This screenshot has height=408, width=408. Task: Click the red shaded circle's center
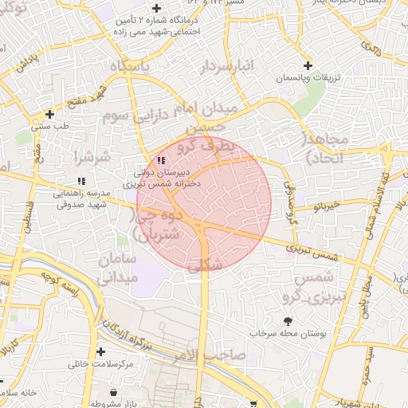(x=205, y=204)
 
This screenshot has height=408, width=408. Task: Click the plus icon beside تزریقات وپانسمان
(x=308, y=65)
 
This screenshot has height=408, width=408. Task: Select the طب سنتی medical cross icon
(x=49, y=114)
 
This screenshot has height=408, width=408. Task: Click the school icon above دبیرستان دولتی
(x=163, y=159)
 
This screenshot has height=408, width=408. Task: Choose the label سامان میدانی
(x=118, y=269)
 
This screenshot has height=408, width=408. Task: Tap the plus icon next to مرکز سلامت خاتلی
(x=100, y=351)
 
